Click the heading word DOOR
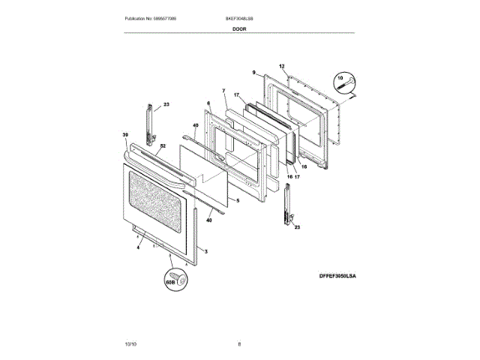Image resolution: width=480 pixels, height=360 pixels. (x=239, y=28)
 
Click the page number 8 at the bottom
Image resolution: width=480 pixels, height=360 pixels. (x=239, y=344)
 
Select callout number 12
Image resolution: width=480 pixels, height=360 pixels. (x=282, y=67)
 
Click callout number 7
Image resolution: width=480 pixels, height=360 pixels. (x=223, y=91)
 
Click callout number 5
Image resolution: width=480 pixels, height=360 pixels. (x=236, y=200)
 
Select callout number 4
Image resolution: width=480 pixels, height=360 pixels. (x=139, y=245)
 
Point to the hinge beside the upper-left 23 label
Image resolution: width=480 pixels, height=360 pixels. (x=150, y=124)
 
